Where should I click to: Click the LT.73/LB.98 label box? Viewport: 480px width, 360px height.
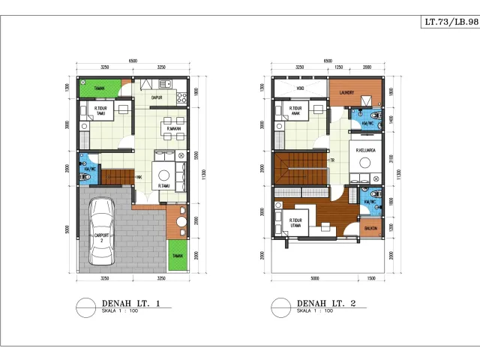[x=449, y=22]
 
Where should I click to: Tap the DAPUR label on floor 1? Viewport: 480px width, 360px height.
[x=157, y=97]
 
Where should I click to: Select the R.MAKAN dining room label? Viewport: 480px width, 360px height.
[x=175, y=129]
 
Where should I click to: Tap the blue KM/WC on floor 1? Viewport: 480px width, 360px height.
[x=89, y=168]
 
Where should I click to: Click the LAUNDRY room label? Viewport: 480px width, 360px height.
[x=346, y=93]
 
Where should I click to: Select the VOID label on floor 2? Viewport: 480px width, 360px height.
[x=300, y=88]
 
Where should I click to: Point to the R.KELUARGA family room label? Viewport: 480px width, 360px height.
[x=365, y=150]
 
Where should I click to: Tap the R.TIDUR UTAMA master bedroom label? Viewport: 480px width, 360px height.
[x=295, y=223]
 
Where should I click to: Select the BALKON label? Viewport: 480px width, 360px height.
[x=370, y=229]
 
